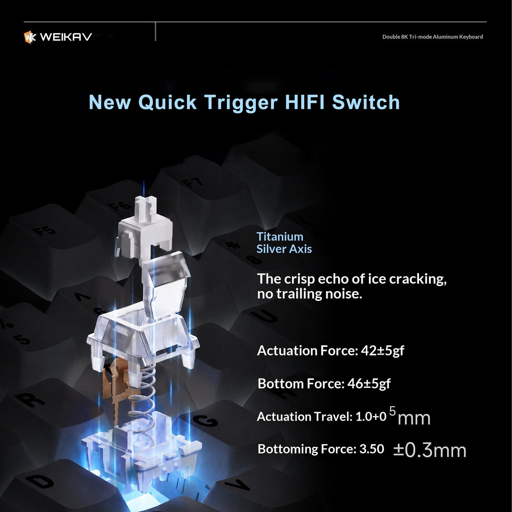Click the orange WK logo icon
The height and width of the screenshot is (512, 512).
[x=30, y=37]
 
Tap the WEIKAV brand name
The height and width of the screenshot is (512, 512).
[x=66, y=37]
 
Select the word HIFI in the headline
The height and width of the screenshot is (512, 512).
[x=305, y=102]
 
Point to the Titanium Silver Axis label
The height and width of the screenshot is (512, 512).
[x=284, y=243]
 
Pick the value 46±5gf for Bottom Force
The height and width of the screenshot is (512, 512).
[x=369, y=384]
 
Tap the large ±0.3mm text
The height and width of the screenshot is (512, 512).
[x=430, y=450]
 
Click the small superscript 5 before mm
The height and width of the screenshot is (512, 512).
[x=393, y=411]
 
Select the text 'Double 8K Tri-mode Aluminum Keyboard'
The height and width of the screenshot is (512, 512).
[x=432, y=37]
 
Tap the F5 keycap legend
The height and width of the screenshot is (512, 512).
[x=44, y=231]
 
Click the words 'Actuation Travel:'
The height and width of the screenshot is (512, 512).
[x=305, y=416]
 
